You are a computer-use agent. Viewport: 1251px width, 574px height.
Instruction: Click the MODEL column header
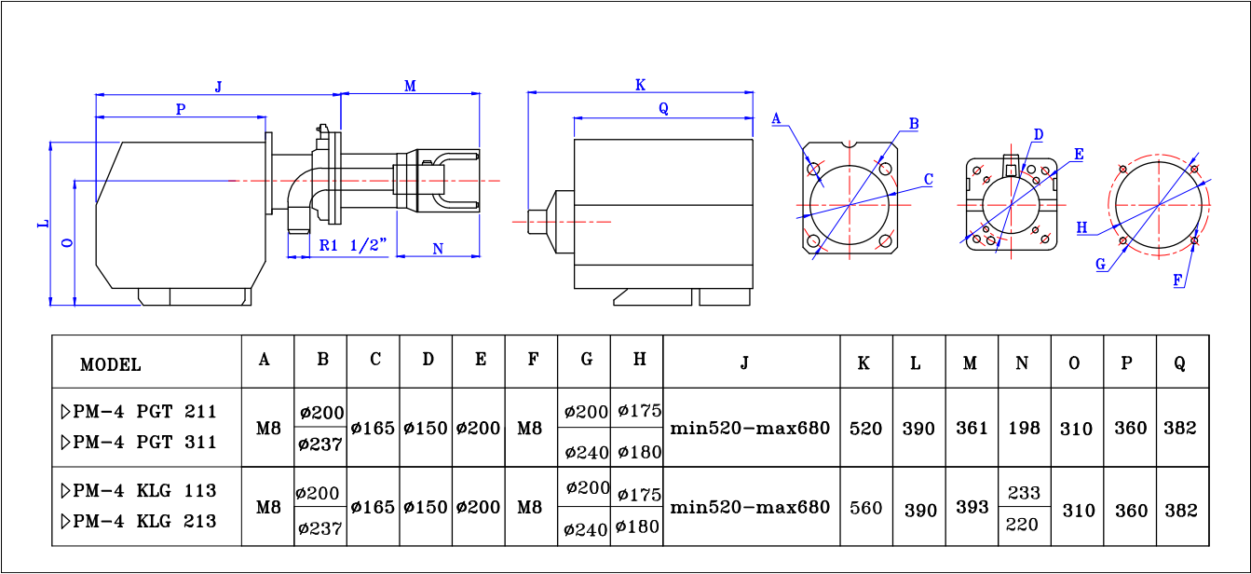pyautogui.click(x=111, y=364)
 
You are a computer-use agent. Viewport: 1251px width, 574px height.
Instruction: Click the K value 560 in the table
pyautogui.click(x=866, y=508)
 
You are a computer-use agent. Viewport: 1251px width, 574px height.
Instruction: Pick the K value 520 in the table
pyautogui.click(x=866, y=429)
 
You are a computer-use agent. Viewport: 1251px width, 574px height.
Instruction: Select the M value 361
pyautogui.click(x=972, y=429)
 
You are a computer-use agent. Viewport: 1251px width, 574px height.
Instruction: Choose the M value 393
pyautogui.click(x=972, y=508)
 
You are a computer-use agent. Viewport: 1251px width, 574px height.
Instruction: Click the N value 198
pyautogui.click(x=1024, y=429)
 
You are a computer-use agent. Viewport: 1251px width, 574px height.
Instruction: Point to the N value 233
pyautogui.click(x=1024, y=493)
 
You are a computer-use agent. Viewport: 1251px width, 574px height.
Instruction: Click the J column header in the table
pyautogui.click(x=744, y=362)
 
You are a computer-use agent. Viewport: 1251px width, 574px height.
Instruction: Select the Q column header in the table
pyautogui.click(x=1180, y=362)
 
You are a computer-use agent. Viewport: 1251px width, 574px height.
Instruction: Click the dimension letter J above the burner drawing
pyautogui.click(x=218, y=87)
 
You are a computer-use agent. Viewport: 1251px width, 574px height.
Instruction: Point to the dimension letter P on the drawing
pyautogui.click(x=181, y=109)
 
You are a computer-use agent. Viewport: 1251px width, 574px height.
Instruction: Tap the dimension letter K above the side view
pyautogui.click(x=640, y=85)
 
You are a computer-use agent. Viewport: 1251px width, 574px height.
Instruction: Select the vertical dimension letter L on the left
pyautogui.click(x=42, y=225)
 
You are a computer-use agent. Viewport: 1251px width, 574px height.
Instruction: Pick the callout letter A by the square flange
pyautogui.click(x=776, y=118)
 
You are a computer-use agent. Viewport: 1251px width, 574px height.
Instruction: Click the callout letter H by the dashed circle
pyautogui.click(x=1081, y=227)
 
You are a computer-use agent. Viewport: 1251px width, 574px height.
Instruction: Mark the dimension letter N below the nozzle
pyautogui.click(x=438, y=248)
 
